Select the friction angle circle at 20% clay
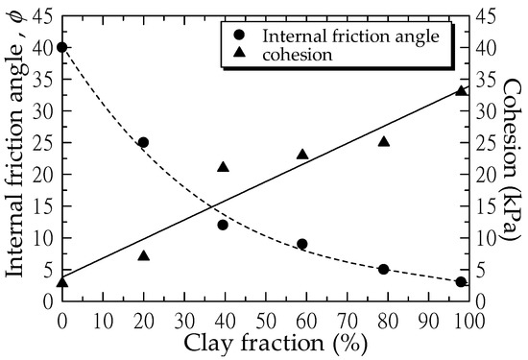(x=143, y=142)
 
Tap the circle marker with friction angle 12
(x=223, y=225)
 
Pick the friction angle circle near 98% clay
(x=461, y=282)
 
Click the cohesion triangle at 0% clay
(x=62, y=281)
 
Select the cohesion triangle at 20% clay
(x=143, y=255)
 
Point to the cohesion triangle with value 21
(x=223, y=167)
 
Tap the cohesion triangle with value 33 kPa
(x=461, y=90)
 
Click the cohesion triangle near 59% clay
(x=302, y=154)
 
